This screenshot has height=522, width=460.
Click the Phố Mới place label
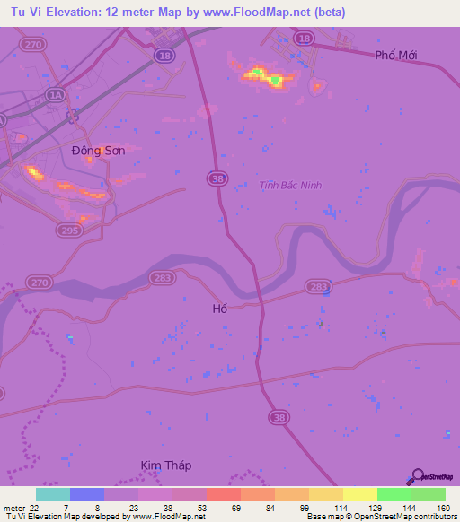click(x=397, y=56)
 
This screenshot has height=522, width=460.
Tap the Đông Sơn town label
click(x=98, y=151)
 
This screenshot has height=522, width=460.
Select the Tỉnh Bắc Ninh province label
click(x=290, y=186)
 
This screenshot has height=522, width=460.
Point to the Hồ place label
click(x=219, y=309)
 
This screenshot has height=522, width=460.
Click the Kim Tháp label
click(x=166, y=465)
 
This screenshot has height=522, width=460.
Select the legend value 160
click(x=442, y=507)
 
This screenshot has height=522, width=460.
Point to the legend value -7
click(x=76, y=507)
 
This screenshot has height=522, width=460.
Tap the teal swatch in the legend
click(x=53, y=494)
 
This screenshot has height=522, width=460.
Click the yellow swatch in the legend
click(x=359, y=494)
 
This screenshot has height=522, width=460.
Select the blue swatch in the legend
click(x=87, y=494)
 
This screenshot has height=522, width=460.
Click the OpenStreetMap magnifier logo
click(x=418, y=476)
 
